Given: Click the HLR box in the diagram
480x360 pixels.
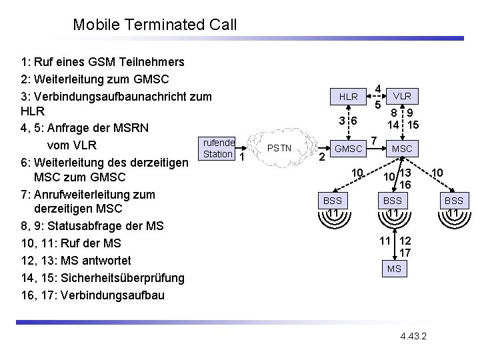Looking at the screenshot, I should [x=348, y=97].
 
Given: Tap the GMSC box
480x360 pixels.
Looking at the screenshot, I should [x=348, y=148].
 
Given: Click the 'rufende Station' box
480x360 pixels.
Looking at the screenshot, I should [x=217, y=149].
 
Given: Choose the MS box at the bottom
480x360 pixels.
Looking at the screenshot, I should [x=394, y=268].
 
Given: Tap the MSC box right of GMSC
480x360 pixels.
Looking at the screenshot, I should [x=402, y=148].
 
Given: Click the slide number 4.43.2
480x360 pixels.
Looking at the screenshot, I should [x=414, y=333].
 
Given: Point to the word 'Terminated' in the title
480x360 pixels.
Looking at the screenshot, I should [x=161, y=25].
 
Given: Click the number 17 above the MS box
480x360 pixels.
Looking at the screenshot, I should [x=405, y=253].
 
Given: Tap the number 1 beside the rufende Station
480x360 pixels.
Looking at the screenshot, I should [x=242, y=157].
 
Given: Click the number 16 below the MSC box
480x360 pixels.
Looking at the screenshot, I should [x=405, y=184].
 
